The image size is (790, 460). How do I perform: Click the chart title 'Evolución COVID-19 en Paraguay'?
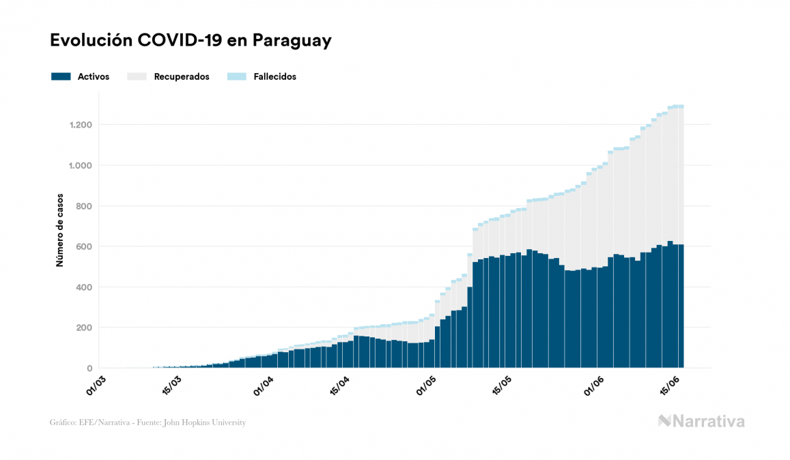[191, 40]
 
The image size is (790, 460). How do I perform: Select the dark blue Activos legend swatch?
[61, 76]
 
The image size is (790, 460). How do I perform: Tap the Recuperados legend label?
[182, 76]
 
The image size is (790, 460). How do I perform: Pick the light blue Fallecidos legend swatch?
[236, 76]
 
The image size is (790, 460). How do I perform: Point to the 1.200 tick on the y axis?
[80, 125]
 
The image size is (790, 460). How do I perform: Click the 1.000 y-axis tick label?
[80, 165]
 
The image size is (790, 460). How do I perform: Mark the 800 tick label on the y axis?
[83, 206]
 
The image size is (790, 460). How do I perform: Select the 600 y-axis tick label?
[83, 246]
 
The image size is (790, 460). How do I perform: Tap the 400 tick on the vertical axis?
[83, 287]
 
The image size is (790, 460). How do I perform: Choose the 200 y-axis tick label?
[83, 328]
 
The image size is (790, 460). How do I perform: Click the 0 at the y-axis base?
[89, 369]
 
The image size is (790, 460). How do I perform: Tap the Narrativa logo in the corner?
[701, 421]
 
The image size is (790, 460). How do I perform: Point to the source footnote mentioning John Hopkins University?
[147, 422]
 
